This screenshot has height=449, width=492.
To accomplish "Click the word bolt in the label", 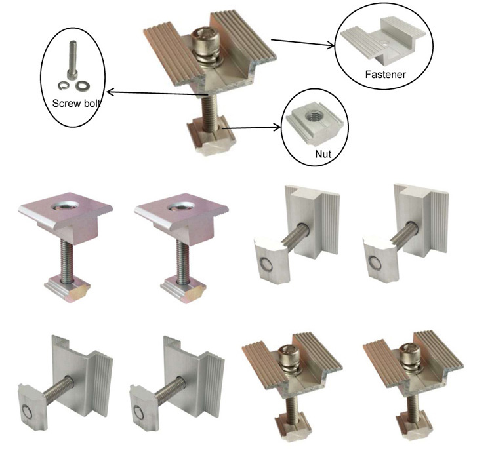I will click(89, 103).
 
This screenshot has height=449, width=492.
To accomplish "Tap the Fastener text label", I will click(386, 75).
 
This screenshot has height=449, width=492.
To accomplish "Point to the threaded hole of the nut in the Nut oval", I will click(314, 115).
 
